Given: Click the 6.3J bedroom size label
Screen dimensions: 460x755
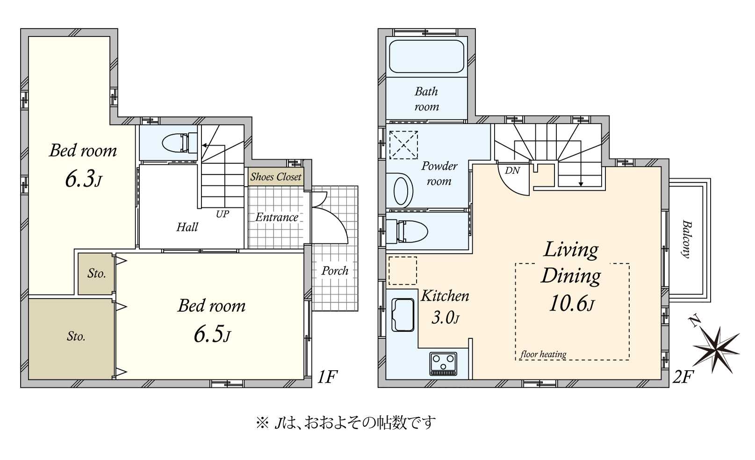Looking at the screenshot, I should point(83,179).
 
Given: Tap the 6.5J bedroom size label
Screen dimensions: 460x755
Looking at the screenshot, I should point(212,334).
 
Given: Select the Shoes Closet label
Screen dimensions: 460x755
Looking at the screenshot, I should point(275,177).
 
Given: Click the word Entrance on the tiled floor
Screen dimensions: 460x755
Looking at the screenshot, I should point(276,217).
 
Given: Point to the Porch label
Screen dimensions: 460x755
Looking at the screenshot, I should point(335,270).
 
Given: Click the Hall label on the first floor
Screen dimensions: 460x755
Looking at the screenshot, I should point(187,227).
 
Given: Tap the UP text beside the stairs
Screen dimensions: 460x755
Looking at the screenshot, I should point(222,214).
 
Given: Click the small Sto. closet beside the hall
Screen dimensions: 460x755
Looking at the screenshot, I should point(96,273).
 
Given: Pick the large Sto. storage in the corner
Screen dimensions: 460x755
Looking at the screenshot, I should point(75,337).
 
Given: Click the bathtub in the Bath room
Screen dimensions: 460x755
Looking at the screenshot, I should point(426,57).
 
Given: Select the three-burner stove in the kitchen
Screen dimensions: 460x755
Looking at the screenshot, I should point(443,364).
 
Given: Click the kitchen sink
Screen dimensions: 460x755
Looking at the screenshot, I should point(403,315).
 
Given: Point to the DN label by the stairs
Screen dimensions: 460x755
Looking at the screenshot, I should point(512,171).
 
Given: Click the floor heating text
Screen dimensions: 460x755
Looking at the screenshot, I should point(543,354).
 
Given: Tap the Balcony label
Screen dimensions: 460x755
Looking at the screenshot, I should point(686,239).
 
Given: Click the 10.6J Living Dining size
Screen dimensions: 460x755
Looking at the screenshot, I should point(571,304).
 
